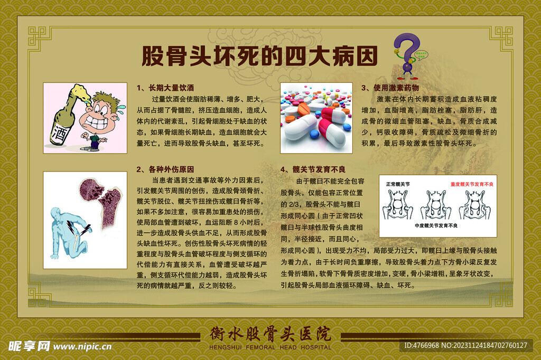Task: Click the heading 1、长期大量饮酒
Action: (165, 87)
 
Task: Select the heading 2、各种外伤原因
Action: (165, 169)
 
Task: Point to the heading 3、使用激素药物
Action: (390, 87)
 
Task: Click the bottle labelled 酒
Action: (62, 121)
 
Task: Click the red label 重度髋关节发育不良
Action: (471, 184)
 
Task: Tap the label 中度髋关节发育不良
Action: (436, 225)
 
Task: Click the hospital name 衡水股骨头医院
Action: (270, 334)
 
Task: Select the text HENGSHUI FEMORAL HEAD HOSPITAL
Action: (270, 347)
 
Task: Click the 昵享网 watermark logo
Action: (29, 346)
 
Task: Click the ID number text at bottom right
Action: (465, 346)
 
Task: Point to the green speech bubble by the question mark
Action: (421, 53)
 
